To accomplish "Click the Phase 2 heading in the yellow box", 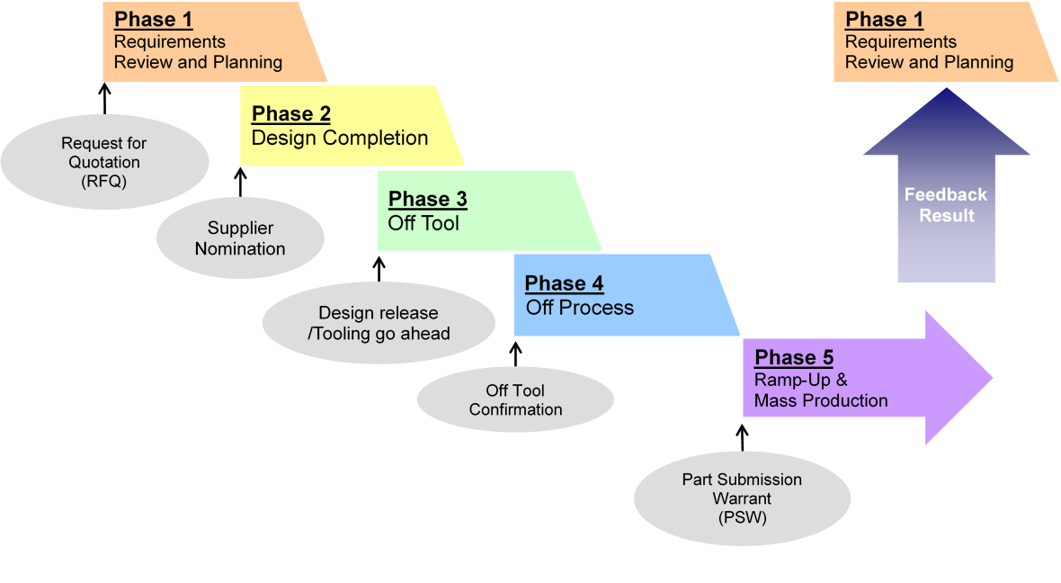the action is pos(291,113).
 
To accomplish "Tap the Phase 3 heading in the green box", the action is pos(428,199).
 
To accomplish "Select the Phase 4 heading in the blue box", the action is pos(565,283).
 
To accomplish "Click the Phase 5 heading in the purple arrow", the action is pos(794,357).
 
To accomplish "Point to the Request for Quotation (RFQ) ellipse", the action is pos(105,162).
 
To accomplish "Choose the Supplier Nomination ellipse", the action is pos(240,238).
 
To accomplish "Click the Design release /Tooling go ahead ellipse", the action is pos(379,323).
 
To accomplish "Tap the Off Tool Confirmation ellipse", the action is pos(515,399).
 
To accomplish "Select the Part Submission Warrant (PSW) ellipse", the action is pos(743,498).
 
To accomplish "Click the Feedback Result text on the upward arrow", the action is pos(946,205).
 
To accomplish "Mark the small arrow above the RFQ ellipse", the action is pos(105,98).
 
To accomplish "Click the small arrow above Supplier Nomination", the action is pos(240,182).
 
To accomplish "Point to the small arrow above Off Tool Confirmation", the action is pos(515,354).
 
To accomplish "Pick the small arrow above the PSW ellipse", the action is pos(743,437).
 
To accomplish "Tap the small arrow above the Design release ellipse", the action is pos(379,268).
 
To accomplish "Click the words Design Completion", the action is pos(340,139).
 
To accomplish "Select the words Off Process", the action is pos(580,308).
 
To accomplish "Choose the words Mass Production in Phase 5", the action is pos(821,401).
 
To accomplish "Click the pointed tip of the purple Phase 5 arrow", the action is pos(992,378).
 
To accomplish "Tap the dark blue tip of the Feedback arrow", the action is pos(947,89).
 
